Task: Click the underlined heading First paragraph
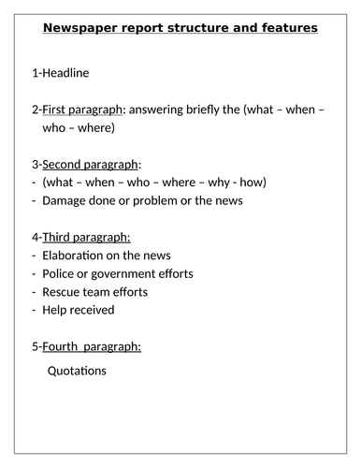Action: click(x=82, y=110)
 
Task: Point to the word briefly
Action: click(x=218, y=110)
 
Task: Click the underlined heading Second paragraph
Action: click(x=92, y=165)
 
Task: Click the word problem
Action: click(x=153, y=200)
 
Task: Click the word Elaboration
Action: click(x=79, y=256)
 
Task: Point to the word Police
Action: click(x=60, y=274)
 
